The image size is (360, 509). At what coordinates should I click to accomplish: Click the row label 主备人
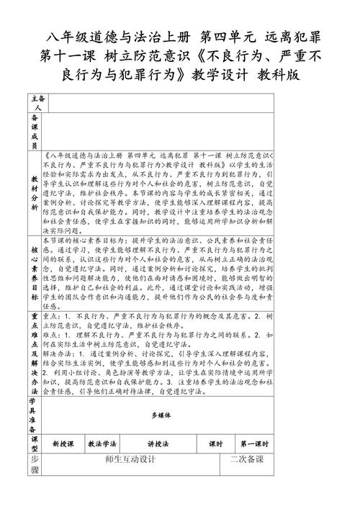(x=35, y=101)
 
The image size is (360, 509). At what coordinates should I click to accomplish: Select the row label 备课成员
(x=35, y=130)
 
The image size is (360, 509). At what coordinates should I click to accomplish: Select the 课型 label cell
(x=35, y=443)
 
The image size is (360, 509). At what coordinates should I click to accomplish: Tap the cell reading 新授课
(x=63, y=444)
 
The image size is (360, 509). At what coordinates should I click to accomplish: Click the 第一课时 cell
(x=256, y=444)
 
